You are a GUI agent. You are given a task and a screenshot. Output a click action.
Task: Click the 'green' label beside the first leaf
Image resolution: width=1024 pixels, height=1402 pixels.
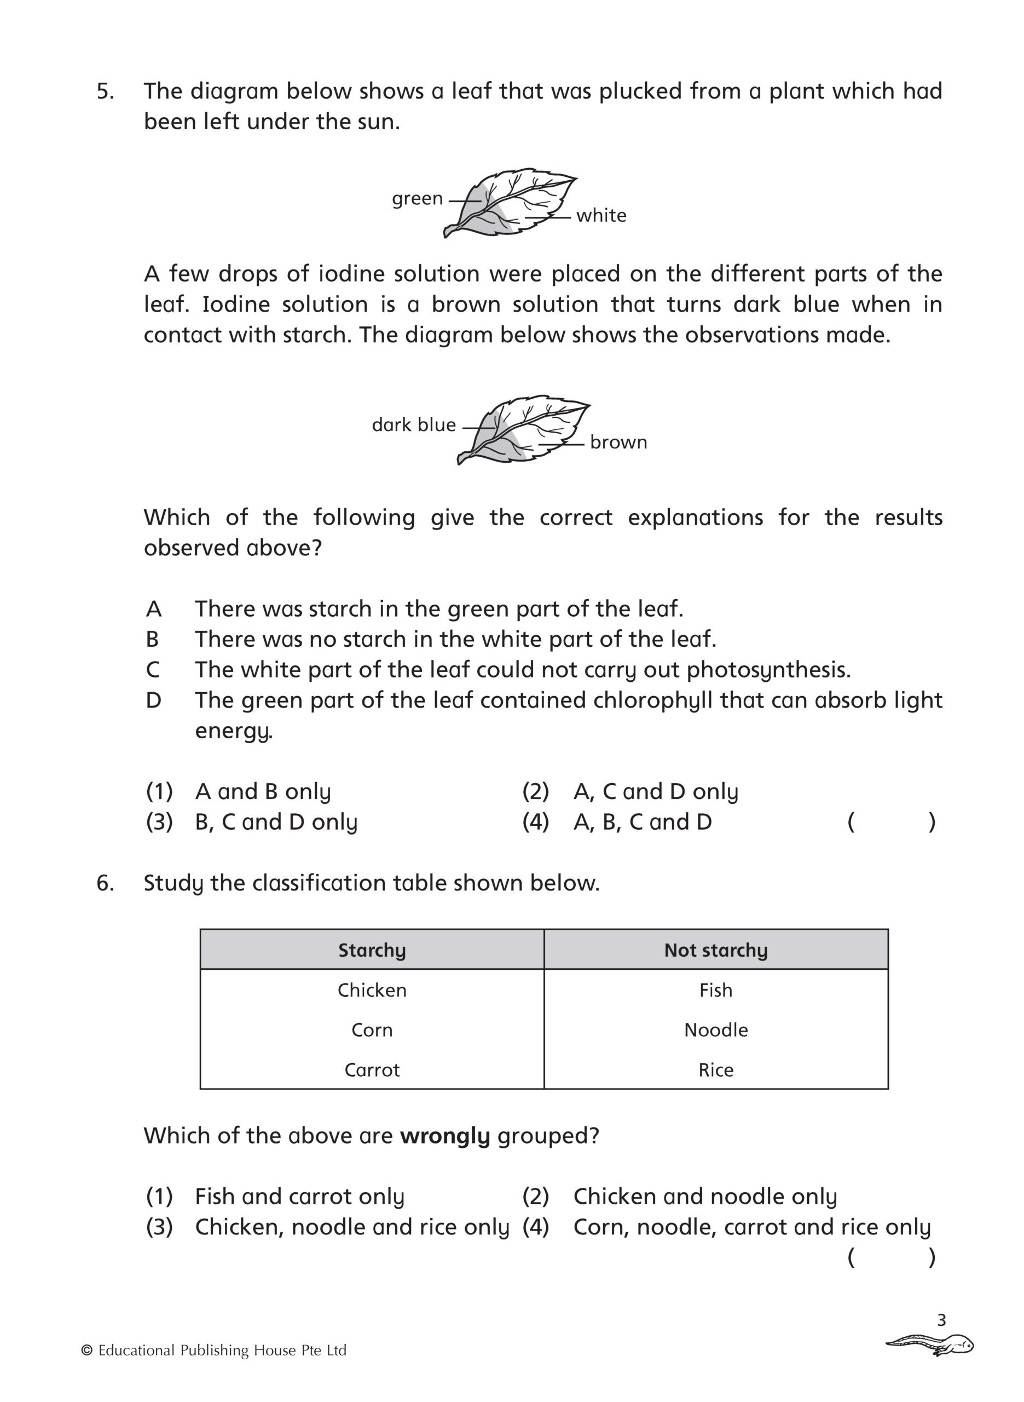[x=417, y=199]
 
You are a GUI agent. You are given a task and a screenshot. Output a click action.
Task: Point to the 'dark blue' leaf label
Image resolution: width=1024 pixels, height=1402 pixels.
[x=413, y=425]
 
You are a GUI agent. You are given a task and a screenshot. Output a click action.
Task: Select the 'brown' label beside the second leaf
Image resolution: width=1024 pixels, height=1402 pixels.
[x=618, y=442]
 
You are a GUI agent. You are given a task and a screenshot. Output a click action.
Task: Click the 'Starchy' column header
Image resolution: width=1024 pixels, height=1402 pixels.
[x=372, y=950]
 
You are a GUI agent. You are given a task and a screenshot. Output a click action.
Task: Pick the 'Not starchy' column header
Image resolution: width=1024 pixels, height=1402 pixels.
[x=715, y=950]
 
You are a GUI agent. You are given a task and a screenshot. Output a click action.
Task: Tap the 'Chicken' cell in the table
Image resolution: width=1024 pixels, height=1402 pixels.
[x=372, y=990]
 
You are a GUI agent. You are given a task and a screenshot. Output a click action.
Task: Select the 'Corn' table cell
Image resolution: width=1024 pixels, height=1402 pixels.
[x=372, y=1030]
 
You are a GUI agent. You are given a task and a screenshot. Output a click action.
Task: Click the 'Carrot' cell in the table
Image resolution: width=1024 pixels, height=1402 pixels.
[x=372, y=1070]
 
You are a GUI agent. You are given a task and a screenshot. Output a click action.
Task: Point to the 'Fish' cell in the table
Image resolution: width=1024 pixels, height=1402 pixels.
[x=715, y=990]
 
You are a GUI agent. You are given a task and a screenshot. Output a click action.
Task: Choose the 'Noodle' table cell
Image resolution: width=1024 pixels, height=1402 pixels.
[x=715, y=1030]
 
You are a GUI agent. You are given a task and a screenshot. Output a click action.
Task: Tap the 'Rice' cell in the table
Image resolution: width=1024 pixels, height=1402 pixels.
[x=715, y=1070]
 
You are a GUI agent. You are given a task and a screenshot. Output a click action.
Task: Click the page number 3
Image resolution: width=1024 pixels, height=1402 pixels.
[x=941, y=1320]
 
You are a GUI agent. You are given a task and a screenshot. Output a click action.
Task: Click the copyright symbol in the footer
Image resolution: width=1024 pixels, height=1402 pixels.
[x=87, y=1351]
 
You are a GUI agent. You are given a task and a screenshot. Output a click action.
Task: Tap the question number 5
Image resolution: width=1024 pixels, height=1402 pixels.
[x=106, y=91]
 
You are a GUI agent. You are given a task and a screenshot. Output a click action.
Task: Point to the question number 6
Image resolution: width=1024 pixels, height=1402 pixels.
[x=106, y=883]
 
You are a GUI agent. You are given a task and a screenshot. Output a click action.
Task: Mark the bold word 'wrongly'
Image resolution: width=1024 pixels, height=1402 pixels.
[x=444, y=1135]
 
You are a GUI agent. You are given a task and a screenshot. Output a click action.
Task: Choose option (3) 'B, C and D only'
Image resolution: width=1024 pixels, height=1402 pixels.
[x=276, y=822]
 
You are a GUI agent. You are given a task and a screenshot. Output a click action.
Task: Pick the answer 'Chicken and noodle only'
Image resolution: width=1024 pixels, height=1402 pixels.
[x=705, y=1196]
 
